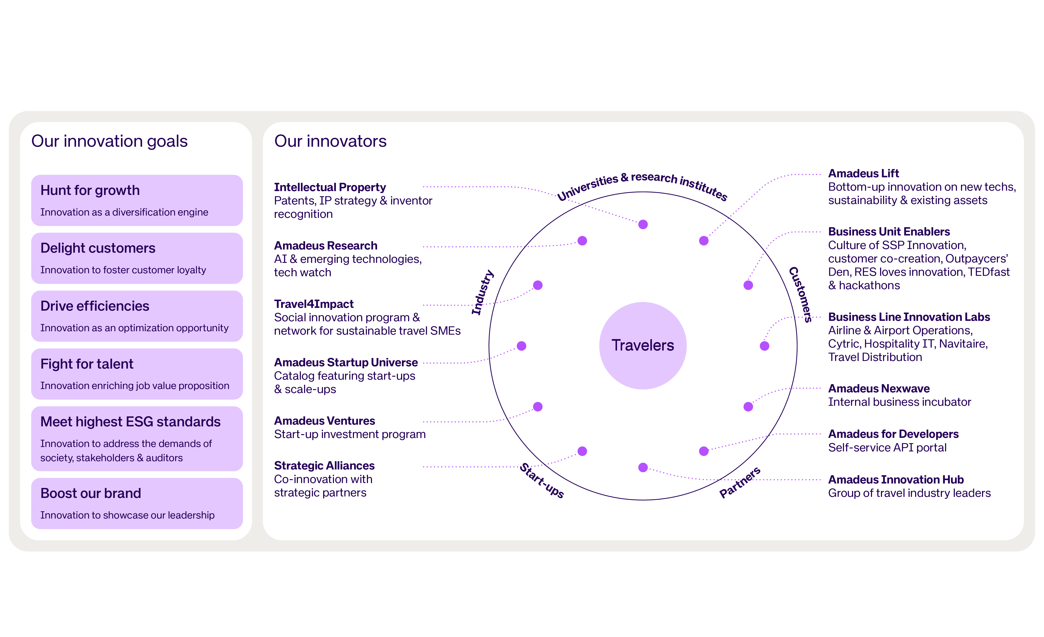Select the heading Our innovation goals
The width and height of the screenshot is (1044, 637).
109,141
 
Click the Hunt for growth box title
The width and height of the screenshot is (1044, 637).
90,190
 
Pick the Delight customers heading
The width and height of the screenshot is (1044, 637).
98,248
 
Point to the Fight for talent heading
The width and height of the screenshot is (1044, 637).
87,364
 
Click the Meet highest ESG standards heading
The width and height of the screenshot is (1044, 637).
131,422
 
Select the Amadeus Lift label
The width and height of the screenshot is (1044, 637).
863,173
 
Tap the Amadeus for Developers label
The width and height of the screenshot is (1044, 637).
893,434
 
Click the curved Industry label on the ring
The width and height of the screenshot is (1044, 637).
483,292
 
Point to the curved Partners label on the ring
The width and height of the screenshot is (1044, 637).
740,482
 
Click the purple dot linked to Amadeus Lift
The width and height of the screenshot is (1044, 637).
703,241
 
